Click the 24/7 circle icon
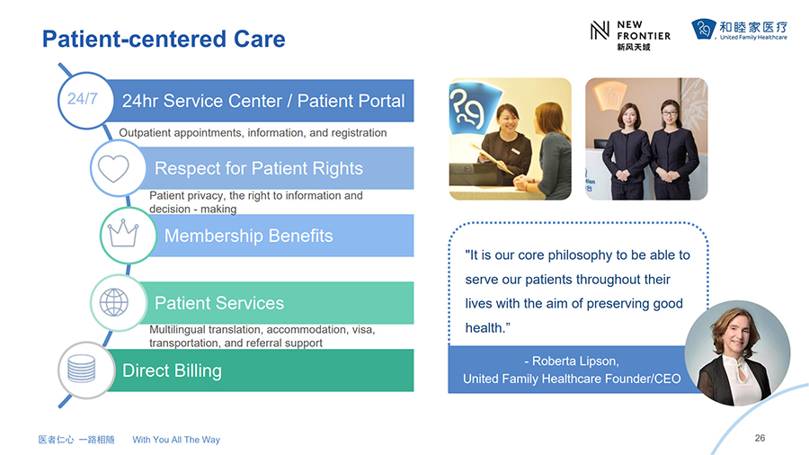tap(85, 100)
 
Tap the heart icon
tap(113, 168)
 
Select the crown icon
tap(123, 233)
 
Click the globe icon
tap(113, 302)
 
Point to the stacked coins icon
tap(82, 369)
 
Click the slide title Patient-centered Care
tap(164, 40)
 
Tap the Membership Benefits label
tap(249, 236)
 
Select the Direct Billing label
tap(172, 370)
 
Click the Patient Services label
tap(219, 303)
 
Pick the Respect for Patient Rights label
tap(259, 168)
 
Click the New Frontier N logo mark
tap(600, 30)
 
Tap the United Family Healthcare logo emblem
tap(704, 29)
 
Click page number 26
tap(760, 438)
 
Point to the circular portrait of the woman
tap(737, 353)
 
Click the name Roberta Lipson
tap(574, 361)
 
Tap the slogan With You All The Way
tap(176, 440)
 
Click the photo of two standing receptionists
tap(646, 138)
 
